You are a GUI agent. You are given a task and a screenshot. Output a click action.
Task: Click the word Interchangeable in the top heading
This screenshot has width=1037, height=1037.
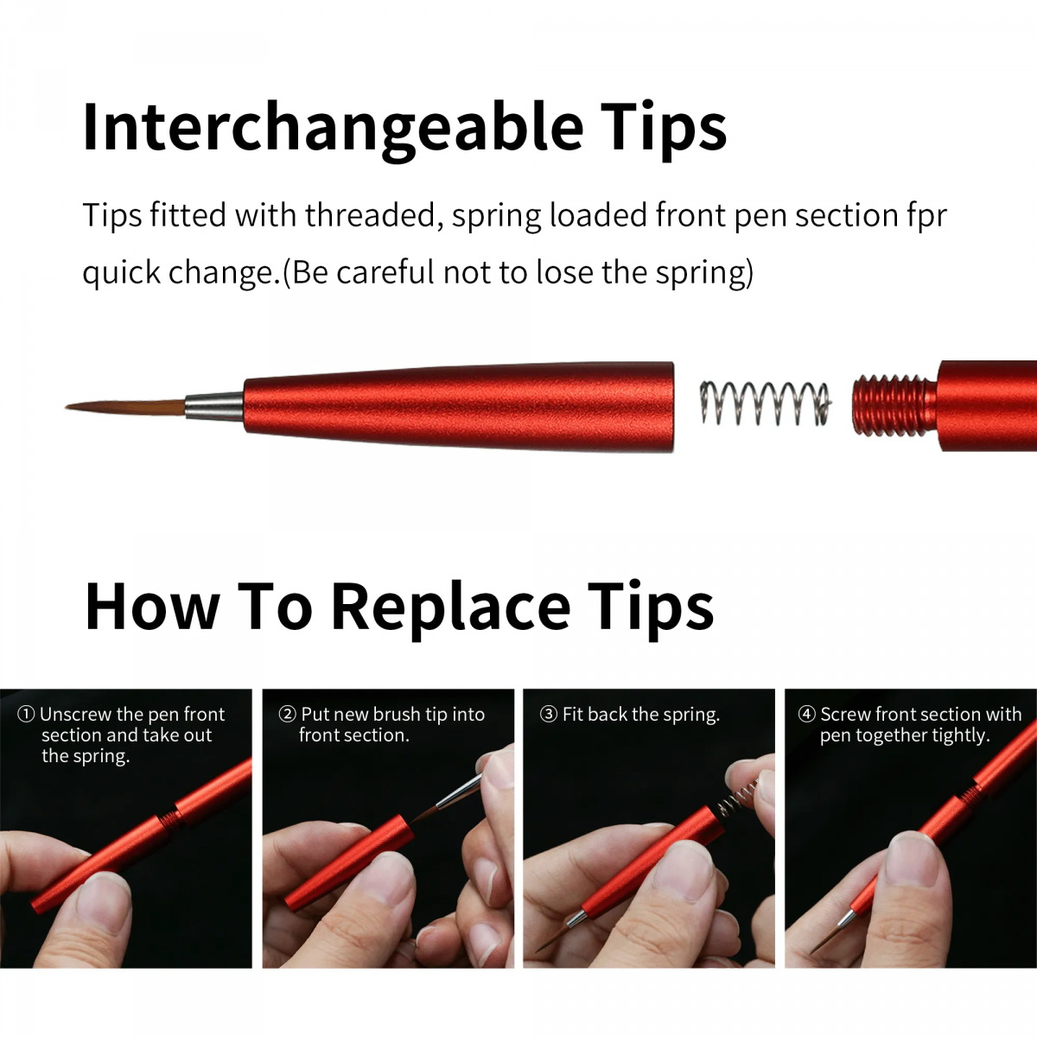point(333,128)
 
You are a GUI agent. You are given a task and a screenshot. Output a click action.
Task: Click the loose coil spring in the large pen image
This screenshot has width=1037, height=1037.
point(765,404)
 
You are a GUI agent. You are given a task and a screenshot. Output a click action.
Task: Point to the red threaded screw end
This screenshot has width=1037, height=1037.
point(893,405)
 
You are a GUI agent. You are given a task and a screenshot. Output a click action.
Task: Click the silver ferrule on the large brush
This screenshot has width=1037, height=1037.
point(213,406)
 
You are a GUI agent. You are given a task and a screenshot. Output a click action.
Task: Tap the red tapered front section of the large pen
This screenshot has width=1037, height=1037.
point(458,407)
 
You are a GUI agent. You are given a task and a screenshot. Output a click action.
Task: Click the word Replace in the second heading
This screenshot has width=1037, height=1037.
point(450,607)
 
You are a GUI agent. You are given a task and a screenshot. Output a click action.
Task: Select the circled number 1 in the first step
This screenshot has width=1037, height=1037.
point(26,715)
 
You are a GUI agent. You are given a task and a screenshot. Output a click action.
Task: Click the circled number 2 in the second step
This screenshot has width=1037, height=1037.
point(287,715)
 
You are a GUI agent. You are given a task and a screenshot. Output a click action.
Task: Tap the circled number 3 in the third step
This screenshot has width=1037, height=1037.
point(549,715)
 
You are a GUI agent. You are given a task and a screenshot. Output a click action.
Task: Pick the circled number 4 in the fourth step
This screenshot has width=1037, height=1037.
point(806,715)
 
